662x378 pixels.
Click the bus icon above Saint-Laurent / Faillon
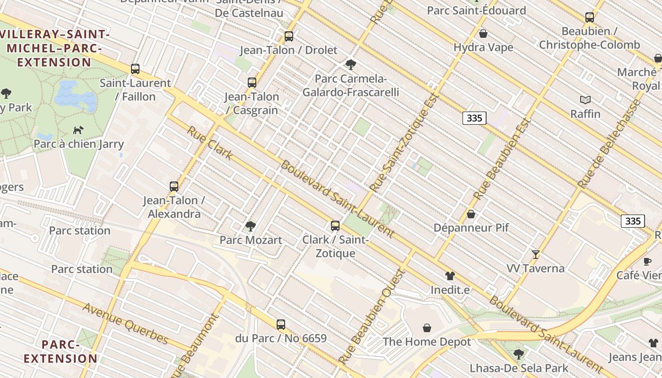(135, 69)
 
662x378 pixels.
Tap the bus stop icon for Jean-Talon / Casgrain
(252, 83)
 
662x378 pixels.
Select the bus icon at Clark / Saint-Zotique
(335, 226)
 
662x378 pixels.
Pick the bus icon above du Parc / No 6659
(281, 325)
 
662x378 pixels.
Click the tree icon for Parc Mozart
(251, 226)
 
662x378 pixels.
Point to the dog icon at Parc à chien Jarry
(78, 130)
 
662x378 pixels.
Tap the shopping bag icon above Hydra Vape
(483, 34)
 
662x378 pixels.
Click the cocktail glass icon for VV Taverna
(535, 255)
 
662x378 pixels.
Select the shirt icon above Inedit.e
(450, 276)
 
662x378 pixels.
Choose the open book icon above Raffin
(585, 100)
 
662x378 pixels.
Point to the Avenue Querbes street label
(125, 324)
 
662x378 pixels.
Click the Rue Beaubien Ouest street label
(373, 316)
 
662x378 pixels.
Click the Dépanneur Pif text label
(471, 228)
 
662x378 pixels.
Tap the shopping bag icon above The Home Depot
(427, 328)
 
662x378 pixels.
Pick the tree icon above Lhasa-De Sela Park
(519, 354)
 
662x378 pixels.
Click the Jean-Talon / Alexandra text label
(174, 207)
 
